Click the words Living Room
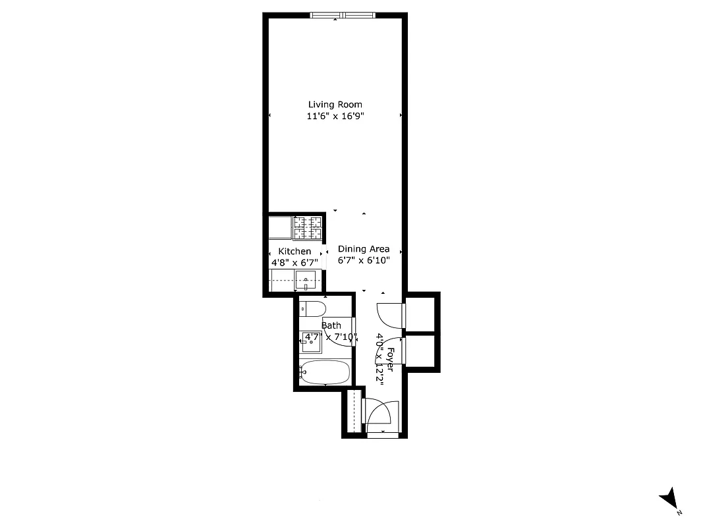click(x=335, y=104)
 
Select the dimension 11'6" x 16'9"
click(x=335, y=117)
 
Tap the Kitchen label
click(x=295, y=252)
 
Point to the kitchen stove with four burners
click(x=308, y=229)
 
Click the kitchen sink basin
click(x=306, y=282)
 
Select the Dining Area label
click(x=364, y=249)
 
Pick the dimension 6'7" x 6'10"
click(x=364, y=260)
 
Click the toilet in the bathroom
click(x=312, y=308)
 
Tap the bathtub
click(x=325, y=372)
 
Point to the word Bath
click(x=331, y=325)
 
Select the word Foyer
click(x=391, y=359)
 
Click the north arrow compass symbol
click(x=670, y=497)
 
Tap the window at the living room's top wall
click(x=343, y=15)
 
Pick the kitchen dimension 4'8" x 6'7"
click(x=295, y=262)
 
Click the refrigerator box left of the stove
click(x=280, y=229)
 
